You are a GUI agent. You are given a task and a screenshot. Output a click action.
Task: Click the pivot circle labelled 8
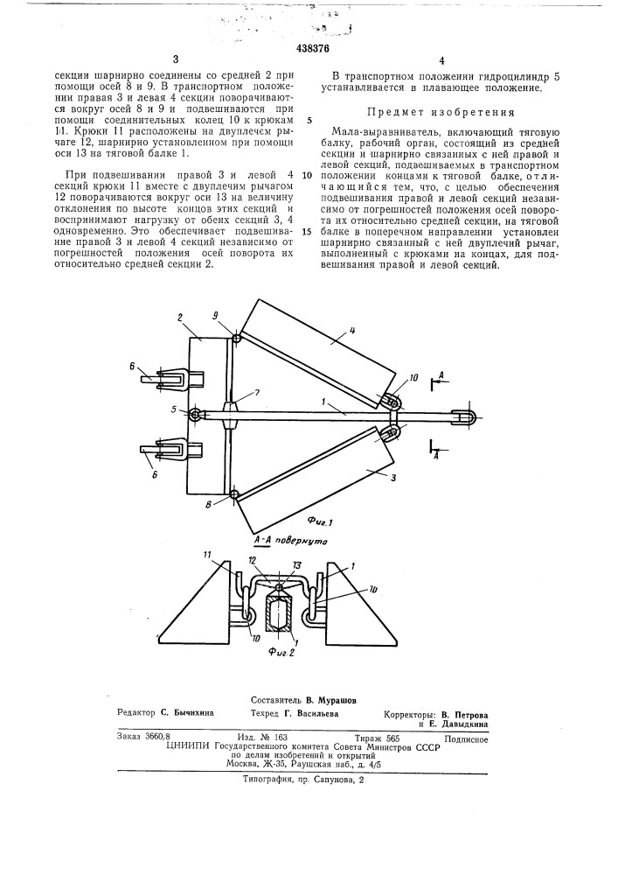(234, 496)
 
